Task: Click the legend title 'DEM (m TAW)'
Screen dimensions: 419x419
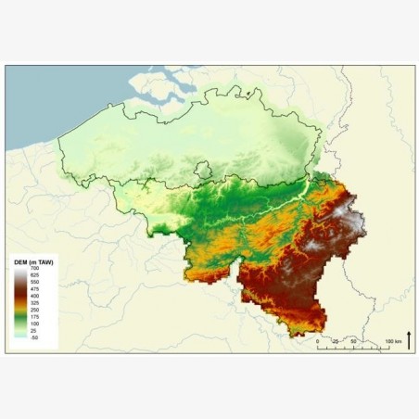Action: click(32, 263)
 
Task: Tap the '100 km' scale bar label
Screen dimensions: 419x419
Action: click(394, 342)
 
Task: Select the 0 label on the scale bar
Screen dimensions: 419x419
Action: click(318, 342)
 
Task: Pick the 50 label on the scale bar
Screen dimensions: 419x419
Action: click(354, 342)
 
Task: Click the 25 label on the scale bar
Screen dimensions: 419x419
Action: click(336, 342)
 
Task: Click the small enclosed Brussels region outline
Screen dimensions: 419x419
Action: click(203, 171)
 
